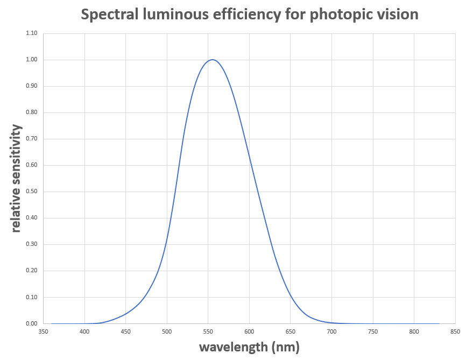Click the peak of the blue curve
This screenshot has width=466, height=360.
pyautogui.click(x=213, y=60)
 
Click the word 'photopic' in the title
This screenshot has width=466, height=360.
pyautogui.click(x=338, y=15)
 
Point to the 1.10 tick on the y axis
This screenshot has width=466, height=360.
pyautogui.click(x=31, y=33)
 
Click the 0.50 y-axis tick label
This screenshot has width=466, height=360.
pyautogui.click(x=31, y=192)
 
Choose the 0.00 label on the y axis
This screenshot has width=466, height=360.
pyautogui.click(x=31, y=323)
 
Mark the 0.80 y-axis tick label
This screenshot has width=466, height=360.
pyautogui.click(x=31, y=112)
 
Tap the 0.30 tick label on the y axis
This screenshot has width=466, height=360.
pyautogui.click(x=31, y=244)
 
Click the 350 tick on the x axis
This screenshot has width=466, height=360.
pyautogui.click(x=43, y=332)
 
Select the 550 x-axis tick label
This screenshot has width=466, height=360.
pyautogui.click(x=208, y=332)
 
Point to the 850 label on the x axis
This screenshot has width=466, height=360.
pyautogui.click(x=455, y=332)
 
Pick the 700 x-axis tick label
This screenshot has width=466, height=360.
pyautogui.click(x=331, y=332)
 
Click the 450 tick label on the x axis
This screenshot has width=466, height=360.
pyautogui.click(x=125, y=332)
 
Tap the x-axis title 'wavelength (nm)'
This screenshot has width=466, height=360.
pyautogui.click(x=249, y=347)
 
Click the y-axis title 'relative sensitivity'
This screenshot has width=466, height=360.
pyautogui.click(x=16, y=178)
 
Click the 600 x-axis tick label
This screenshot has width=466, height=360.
pyautogui.click(x=249, y=332)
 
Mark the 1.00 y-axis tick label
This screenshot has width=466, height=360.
pyautogui.click(x=31, y=60)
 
